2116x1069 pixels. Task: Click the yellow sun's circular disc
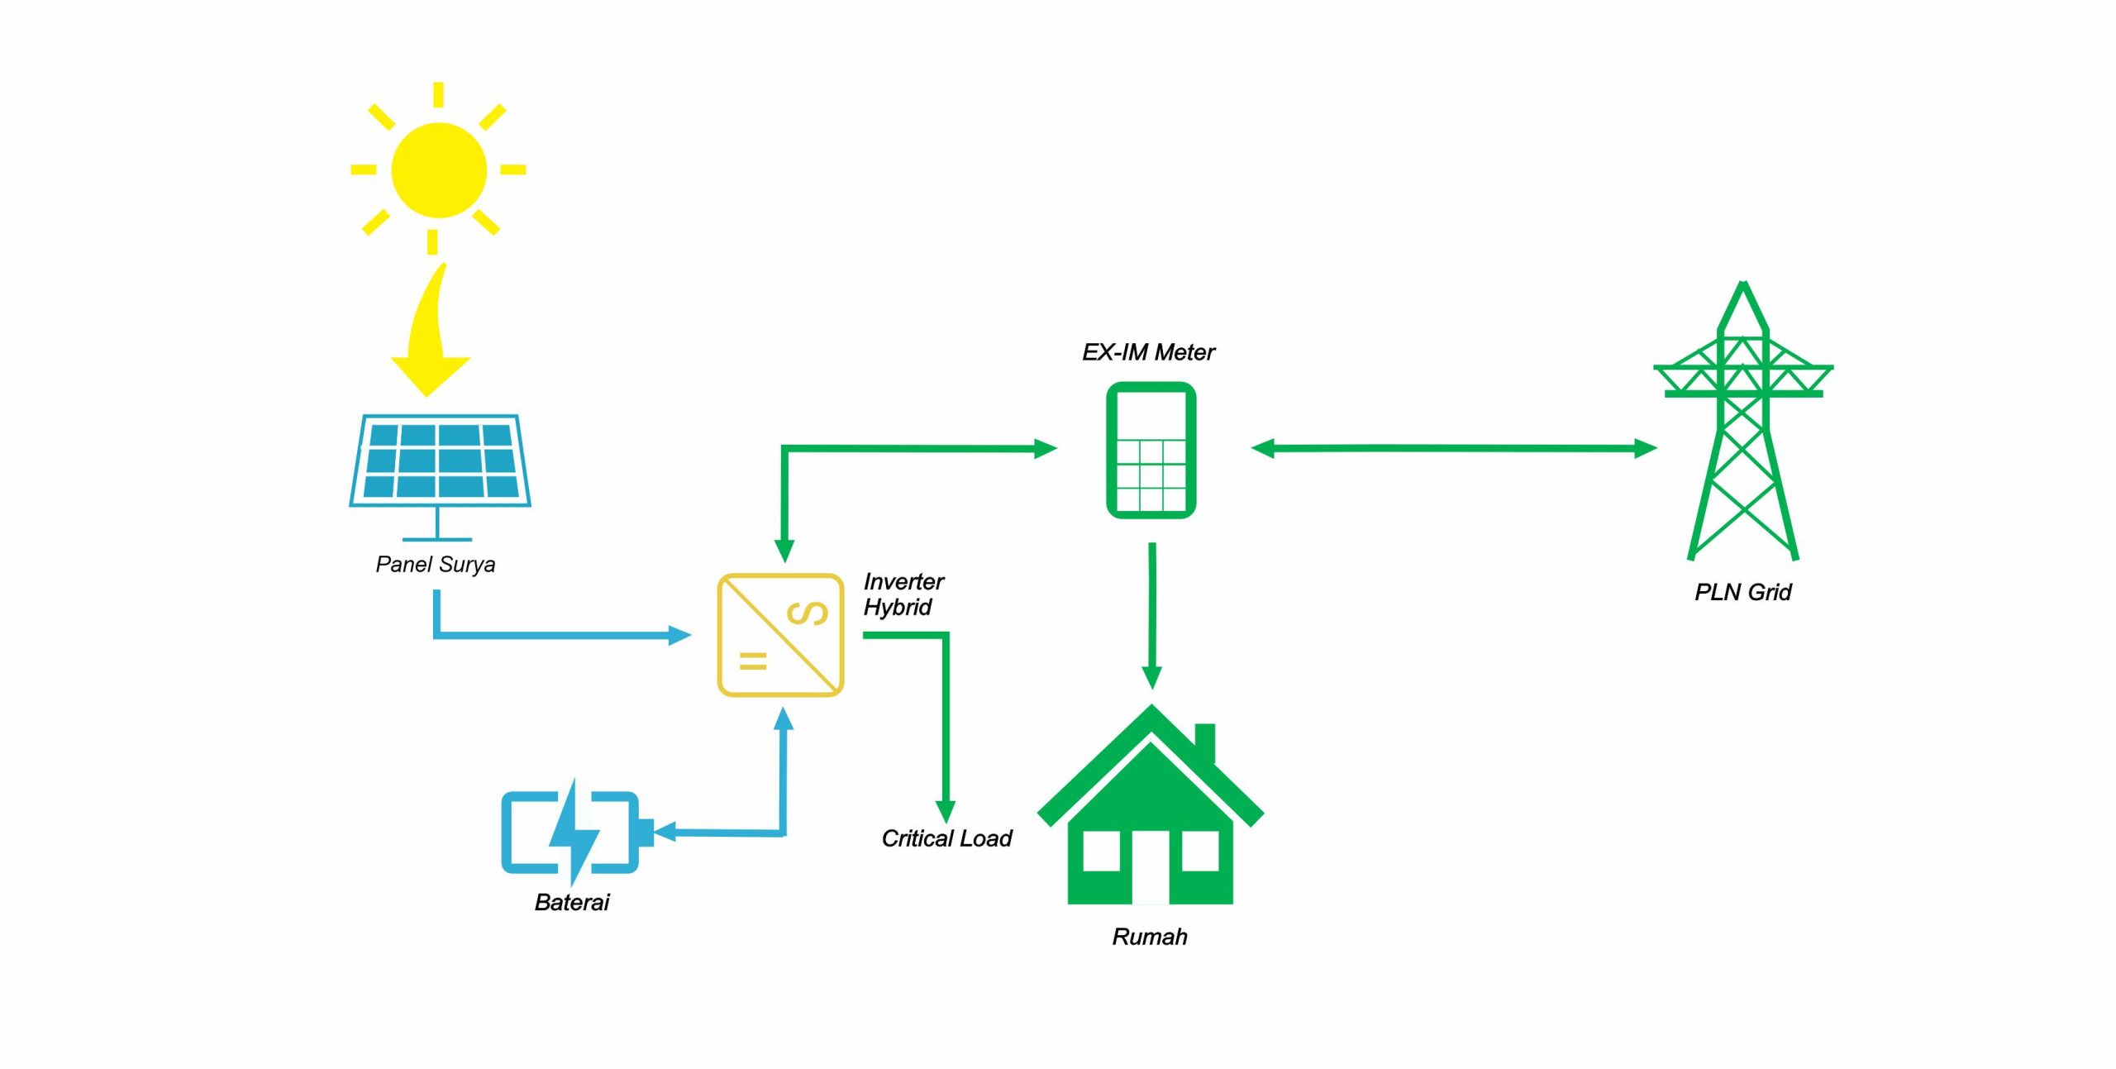438,169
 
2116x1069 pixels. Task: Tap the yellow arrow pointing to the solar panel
432,347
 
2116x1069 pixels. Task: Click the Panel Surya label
436,565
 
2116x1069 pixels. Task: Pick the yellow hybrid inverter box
780,635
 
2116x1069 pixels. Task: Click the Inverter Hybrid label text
903,594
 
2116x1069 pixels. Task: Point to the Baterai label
571,902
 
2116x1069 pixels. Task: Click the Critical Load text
946,838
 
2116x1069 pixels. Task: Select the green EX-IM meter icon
1151,451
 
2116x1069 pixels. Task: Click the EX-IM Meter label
1148,352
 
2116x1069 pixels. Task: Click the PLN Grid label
1742,592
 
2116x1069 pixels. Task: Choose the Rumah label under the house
1149,937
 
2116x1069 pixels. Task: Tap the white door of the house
1151,868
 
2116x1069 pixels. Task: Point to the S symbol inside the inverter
807,613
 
